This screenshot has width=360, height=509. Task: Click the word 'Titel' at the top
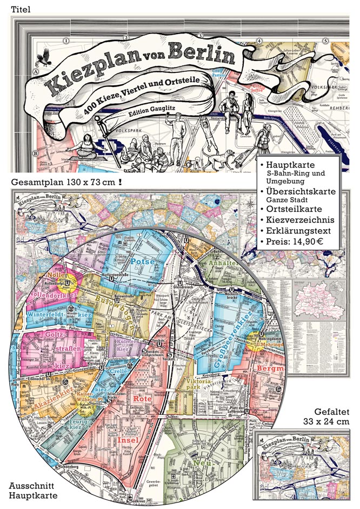21,9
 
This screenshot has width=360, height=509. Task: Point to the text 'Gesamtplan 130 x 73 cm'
64,183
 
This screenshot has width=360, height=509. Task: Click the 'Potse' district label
143,262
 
